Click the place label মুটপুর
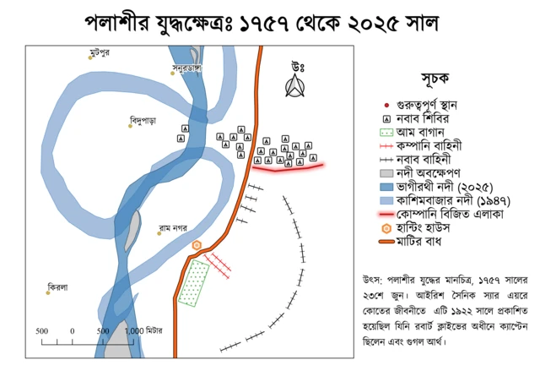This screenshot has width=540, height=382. (100, 53)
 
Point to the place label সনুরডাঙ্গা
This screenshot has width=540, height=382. (187, 67)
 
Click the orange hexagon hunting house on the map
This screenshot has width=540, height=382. (197, 245)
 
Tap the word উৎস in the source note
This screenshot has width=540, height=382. (372, 279)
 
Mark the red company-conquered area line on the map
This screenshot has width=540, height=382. (287, 168)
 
